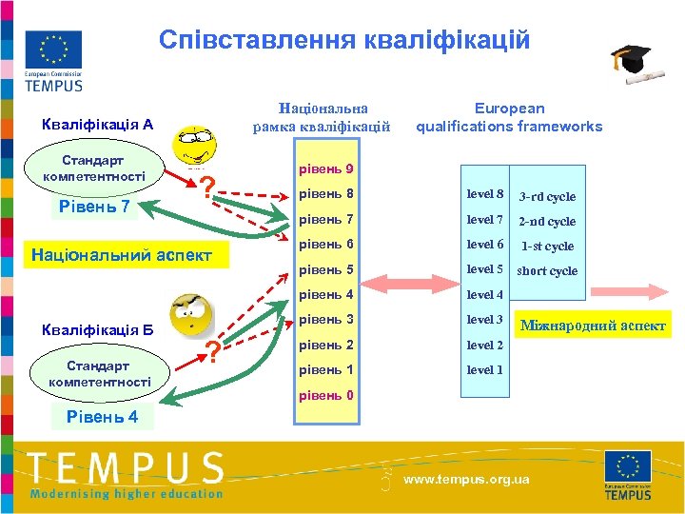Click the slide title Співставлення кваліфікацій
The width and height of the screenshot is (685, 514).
click(x=344, y=40)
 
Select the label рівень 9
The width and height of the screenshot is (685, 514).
click(x=326, y=169)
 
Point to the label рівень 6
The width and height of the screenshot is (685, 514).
click(x=326, y=245)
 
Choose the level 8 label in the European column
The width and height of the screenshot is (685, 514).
click(x=485, y=195)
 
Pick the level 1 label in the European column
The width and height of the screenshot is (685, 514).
click(x=485, y=369)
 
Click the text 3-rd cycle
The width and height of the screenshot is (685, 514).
click(x=547, y=197)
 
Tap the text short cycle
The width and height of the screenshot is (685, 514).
click(x=547, y=271)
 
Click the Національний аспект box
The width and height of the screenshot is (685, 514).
click(x=122, y=255)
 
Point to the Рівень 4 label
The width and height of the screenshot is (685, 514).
click(x=102, y=417)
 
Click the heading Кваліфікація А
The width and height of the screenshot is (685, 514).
click(x=98, y=124)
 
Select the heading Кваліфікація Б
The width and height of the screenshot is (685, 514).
click(x=98, y=330)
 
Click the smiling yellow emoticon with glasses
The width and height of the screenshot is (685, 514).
click(x=196, y=149)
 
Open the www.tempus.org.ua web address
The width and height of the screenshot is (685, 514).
click(x=466, y=480)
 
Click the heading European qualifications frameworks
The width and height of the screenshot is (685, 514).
click(x=509, y=117)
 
